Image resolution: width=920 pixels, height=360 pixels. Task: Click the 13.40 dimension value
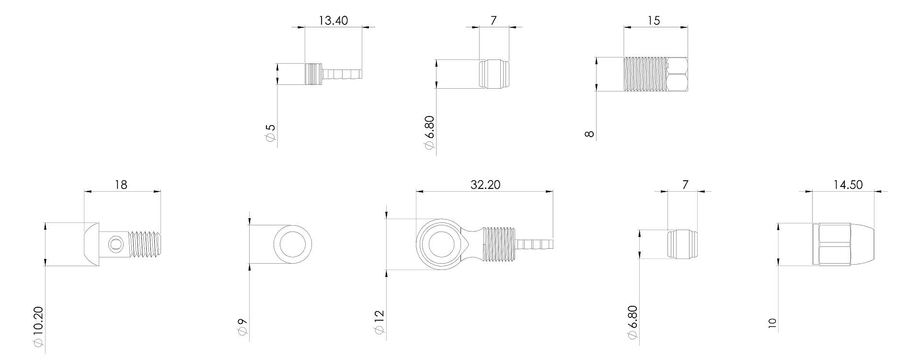click(x=333, y=21)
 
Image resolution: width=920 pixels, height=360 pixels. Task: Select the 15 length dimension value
click(x=654, y=21)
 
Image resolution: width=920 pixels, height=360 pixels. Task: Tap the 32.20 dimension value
click(x=485, y=185)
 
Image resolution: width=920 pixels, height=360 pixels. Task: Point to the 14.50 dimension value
click(x=848, y=185)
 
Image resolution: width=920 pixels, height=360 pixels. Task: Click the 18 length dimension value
click(x=121, y=185)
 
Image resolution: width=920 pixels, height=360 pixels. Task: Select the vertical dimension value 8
click(x=590, y=134)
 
